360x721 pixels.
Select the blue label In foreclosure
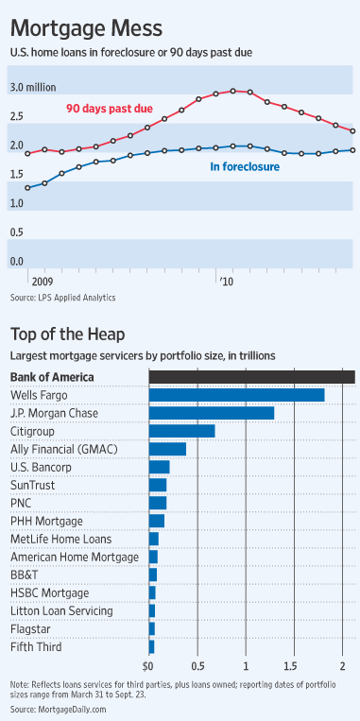244,167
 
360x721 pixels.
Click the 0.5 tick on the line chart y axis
18,232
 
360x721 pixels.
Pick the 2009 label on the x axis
41,281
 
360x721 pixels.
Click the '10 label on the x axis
226,281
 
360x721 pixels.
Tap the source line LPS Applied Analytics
62,297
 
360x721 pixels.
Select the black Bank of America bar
251,377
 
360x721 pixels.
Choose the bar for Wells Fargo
236,395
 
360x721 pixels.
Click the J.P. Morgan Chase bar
212,413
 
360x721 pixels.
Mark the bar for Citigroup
181,431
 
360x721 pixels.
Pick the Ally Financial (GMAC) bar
167,449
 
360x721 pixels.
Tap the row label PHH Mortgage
46,521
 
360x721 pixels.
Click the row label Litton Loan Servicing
60,610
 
